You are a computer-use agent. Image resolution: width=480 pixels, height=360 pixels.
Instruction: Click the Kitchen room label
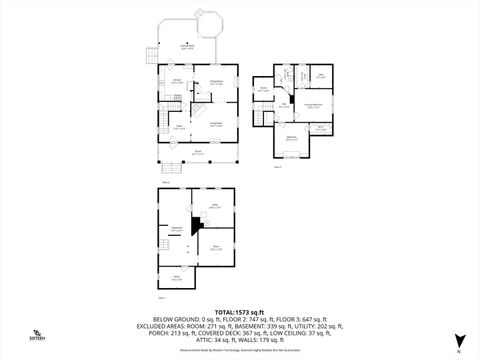pos(176,81)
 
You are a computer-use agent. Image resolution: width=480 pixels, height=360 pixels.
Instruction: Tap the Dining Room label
pos(216,84)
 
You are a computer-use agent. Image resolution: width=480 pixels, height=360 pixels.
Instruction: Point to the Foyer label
pos(179,127)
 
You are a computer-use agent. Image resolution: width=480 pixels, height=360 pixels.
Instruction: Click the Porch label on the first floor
pos(198,152)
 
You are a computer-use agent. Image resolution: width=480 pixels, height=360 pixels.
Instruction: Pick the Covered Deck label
pos(186,47)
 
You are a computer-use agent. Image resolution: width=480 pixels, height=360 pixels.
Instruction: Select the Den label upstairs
pos(320,76)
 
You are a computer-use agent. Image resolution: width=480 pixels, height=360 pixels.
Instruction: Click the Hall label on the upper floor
pos(284,104)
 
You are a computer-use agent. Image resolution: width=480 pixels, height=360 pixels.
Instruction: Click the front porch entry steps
pos(170,166)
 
